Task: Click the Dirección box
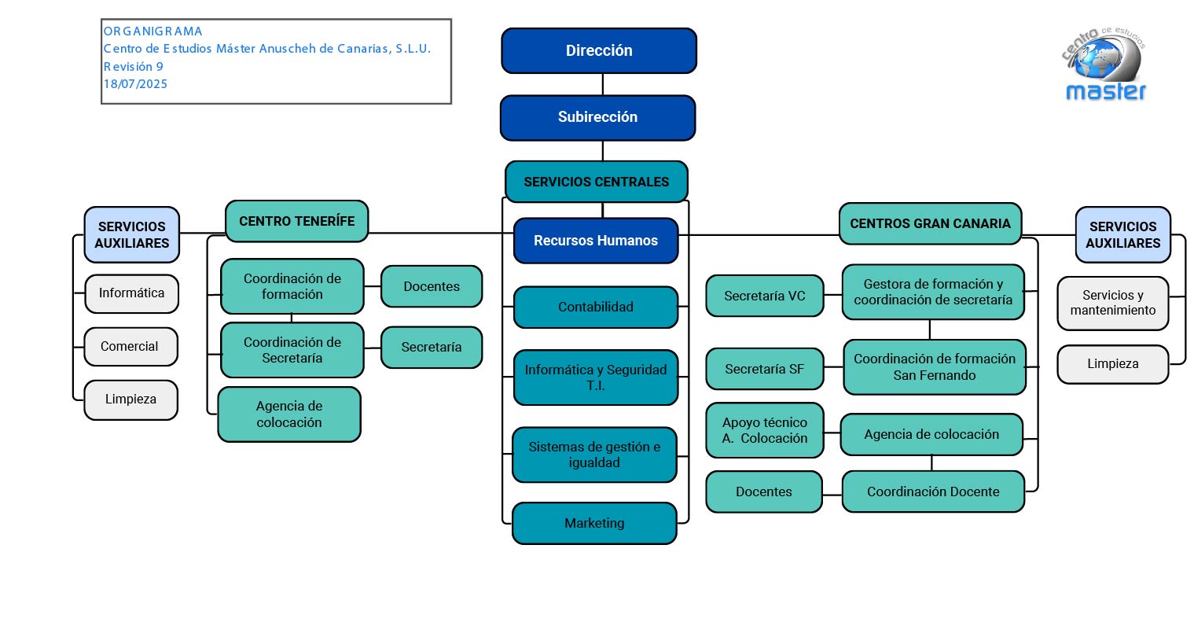tap(599, 50)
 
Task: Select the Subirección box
tap(597, 117)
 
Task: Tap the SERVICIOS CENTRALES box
tap(596, 182)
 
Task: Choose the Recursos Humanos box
tap(595, 241)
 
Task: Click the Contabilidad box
tap(595, 307)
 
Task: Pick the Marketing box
tap(594, 524)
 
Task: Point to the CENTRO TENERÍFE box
tap(296, 222)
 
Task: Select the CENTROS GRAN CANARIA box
tap(930, 223)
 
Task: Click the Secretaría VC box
tap(764, 296)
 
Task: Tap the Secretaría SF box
tap(764, 369)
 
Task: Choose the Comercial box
tap(130, 347)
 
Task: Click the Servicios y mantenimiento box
tap(1113, 303)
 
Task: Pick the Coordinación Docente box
tap(933, 492)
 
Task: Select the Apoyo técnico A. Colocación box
tap(764, 430)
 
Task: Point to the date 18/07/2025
tap(135, 84)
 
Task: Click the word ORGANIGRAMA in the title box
tap(153, 31)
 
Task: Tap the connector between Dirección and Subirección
tap(602, 84)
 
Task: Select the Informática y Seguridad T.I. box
tap(595, 377)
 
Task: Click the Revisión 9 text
tap(134, 67)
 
